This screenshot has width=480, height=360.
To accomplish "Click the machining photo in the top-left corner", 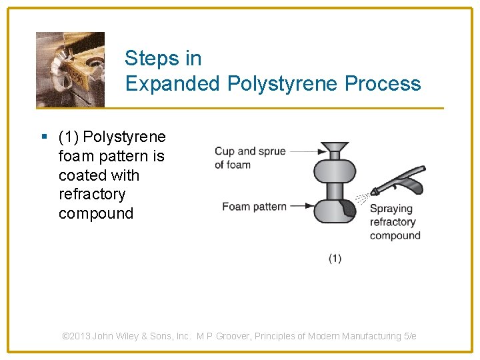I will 70,69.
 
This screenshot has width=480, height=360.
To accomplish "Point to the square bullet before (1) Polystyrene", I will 44,137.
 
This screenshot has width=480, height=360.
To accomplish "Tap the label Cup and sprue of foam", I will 249,158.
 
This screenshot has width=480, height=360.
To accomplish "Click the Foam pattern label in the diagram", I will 254,207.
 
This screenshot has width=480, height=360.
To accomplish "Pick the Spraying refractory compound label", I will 395,222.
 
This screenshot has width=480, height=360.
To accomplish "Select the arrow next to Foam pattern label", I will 301,206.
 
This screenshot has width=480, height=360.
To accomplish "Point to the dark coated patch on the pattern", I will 348,208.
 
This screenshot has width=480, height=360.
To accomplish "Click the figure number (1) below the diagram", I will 335,259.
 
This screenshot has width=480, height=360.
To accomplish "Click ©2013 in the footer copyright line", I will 76,337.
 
